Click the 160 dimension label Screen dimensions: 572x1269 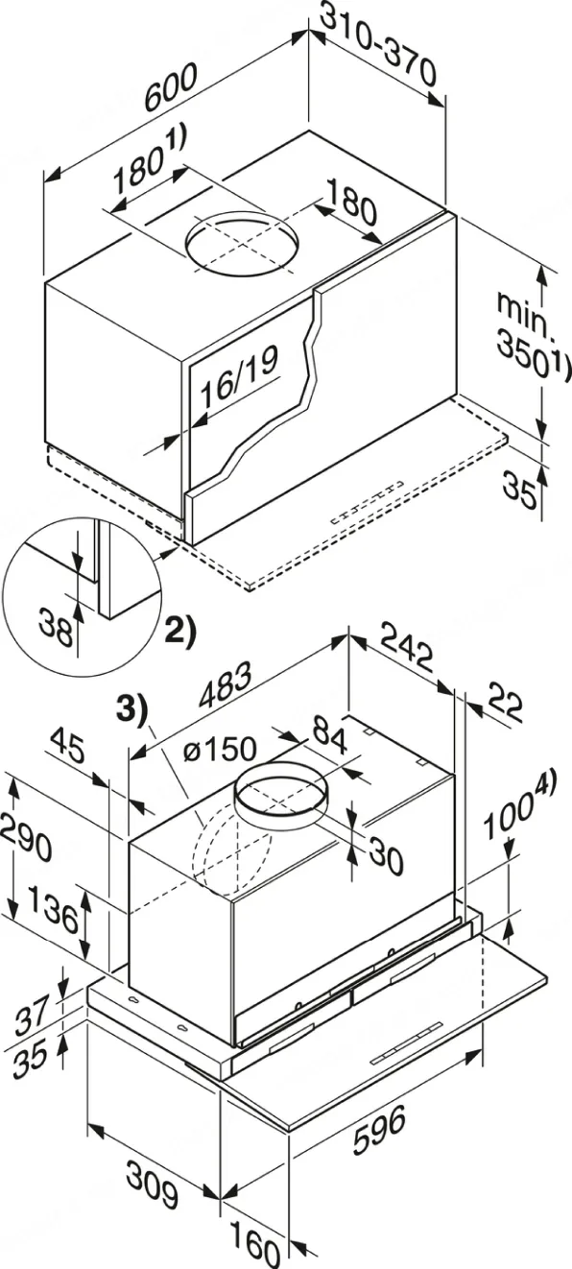[x=256, y=1249]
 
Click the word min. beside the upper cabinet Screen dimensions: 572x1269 [x=522, y=315]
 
